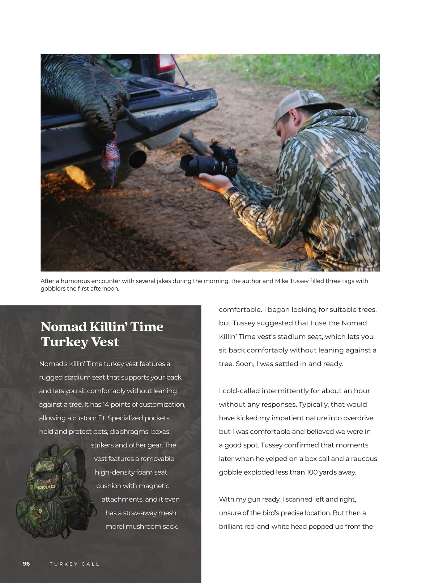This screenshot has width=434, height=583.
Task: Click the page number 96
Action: coord(26,564)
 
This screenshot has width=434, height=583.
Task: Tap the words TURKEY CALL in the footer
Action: coord(75,564)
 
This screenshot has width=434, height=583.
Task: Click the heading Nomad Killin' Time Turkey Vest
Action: coord(102,334)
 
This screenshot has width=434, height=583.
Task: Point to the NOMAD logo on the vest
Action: coord(46,487)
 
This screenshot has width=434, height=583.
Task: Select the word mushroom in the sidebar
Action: coord(143,526)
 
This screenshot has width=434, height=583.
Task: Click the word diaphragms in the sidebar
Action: coord(129,432)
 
